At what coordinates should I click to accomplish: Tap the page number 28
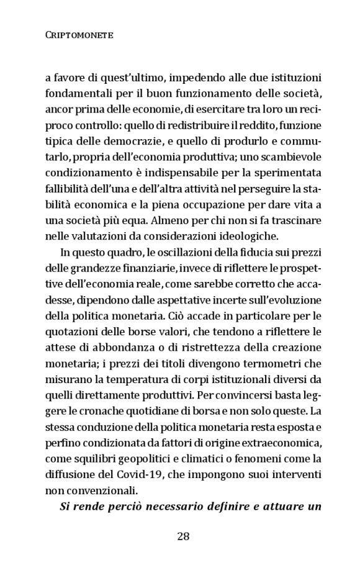click(183, 536)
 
